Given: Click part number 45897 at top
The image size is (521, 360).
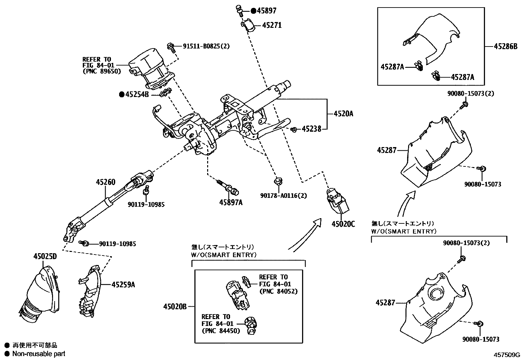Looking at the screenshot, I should click(266, 11).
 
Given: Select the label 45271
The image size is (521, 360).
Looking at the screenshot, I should click(272, 25).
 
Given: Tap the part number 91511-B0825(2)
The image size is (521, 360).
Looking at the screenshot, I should click(206, 46).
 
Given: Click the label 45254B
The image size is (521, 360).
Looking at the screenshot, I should click(137, 95).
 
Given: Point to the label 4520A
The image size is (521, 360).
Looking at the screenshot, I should click(343, 114).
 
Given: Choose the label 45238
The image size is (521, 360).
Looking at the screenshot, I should click(311, 129).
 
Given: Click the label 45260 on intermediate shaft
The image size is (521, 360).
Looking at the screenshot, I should click(105, 182).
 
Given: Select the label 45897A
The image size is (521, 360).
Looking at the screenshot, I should click(231, 202).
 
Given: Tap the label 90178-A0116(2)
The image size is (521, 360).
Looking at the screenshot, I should click(283, 196).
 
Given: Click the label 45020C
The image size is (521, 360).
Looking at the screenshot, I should click(343, 224).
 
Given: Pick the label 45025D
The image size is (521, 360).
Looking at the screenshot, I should click(45, 256).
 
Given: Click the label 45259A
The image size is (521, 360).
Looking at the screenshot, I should click(123, 284).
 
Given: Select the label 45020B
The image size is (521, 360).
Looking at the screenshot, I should click(175, 307).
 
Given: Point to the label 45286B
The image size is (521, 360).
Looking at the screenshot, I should click(506, 46).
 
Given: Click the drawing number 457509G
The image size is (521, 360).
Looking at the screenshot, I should click(507, 355).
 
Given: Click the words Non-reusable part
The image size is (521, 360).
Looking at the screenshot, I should click(39, 354).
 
